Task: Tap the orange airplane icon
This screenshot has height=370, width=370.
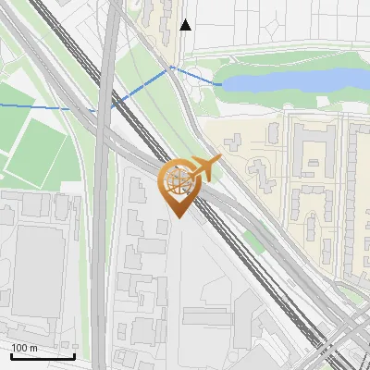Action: point(204,168)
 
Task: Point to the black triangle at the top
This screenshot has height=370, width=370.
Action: point(186,25)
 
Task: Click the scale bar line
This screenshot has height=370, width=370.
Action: point(43,355)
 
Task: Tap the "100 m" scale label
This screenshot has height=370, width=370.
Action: point(25,348)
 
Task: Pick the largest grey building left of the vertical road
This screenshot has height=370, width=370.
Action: point(39,268)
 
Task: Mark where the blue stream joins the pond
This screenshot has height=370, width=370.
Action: point(221,84)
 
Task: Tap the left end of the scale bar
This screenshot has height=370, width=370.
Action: point(11,356)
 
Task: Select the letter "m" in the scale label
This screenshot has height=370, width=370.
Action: point(33,348)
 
